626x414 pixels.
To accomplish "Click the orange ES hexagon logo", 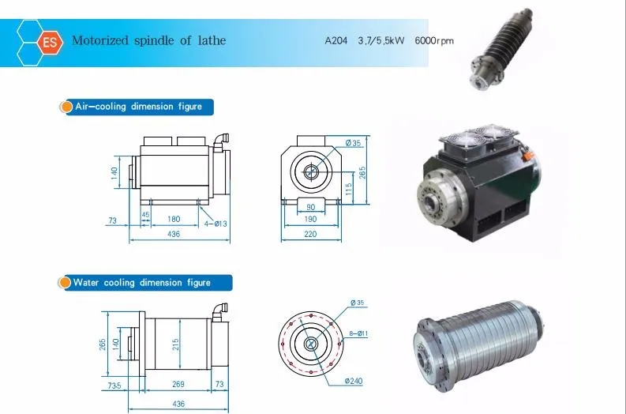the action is [x=51, y=42].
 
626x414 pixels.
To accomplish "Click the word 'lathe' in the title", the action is [x=212, y=40].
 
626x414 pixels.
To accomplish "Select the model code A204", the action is [x=336, y=40].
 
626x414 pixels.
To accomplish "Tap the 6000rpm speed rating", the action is [x=434, y=40].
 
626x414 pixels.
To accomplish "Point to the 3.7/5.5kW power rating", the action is [x=381, y=40].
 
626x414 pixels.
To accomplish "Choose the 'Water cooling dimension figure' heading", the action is [x=142, y=283].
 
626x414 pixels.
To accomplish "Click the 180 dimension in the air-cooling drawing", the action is [x=174, y=219].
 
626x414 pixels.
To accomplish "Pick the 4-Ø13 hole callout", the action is [x=216, y=224].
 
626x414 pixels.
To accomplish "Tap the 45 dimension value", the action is [x=145, y=215].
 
